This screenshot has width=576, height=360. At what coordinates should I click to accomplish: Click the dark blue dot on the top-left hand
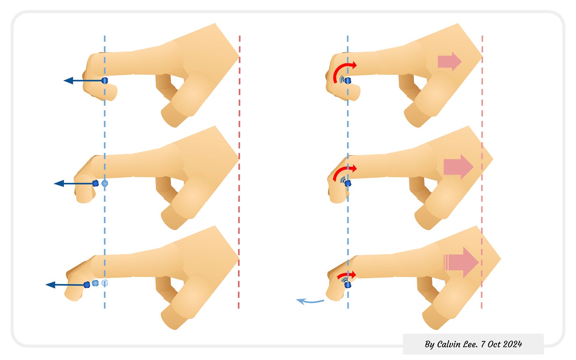point(104,81)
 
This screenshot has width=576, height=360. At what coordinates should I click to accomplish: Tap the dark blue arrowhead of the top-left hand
point(68,81)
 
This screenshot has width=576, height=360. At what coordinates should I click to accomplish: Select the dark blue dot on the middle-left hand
point(95,183)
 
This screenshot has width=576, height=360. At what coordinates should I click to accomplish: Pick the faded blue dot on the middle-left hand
point(104,183)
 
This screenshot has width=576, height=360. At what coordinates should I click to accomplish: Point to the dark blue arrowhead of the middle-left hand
point(59,183)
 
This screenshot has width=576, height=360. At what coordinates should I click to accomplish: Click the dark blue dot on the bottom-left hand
point(87,285)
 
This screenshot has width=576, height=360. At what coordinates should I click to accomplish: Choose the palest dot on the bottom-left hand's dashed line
point(104,283)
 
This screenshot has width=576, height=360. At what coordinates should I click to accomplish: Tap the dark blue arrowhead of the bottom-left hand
point(51,285)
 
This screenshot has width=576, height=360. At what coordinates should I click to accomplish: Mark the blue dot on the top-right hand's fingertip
point(348,81)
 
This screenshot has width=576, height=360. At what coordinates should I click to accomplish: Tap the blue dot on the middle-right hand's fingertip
point(348,183)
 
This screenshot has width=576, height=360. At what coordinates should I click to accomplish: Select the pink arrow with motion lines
point(461,262)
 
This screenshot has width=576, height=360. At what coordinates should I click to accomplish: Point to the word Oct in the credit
point(494,344)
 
